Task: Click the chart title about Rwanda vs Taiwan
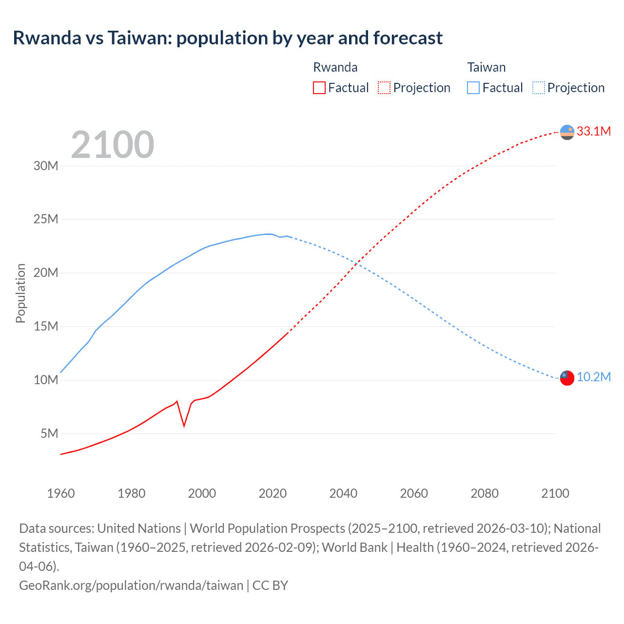228,38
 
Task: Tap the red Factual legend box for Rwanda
319,88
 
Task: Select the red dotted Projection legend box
384,88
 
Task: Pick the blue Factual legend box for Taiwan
473,88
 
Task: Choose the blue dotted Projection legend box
538,88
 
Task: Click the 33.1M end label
593,131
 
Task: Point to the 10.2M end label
593,377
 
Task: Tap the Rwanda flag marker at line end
567,132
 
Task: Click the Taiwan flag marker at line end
567,378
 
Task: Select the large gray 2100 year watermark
113,145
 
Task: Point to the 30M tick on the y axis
46,166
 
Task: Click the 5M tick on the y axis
49,433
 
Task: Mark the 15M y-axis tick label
46,326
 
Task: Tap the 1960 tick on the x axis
61,493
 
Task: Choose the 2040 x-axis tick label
343,493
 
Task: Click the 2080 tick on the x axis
485,493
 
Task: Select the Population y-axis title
20,293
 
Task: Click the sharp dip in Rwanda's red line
184,425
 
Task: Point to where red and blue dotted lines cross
358,264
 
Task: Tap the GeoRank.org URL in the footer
131,585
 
